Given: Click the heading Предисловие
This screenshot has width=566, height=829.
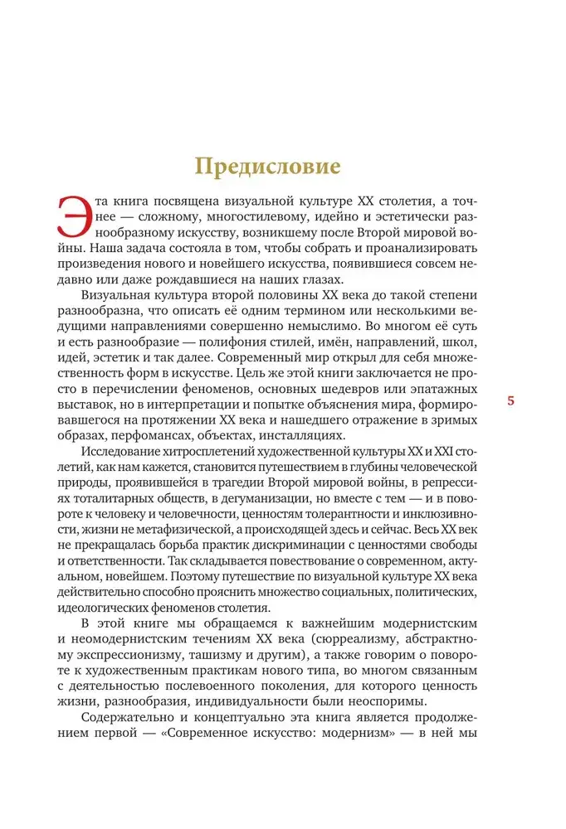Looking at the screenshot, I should point(267,166).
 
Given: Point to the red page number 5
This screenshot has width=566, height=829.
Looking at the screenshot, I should point(511,401).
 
